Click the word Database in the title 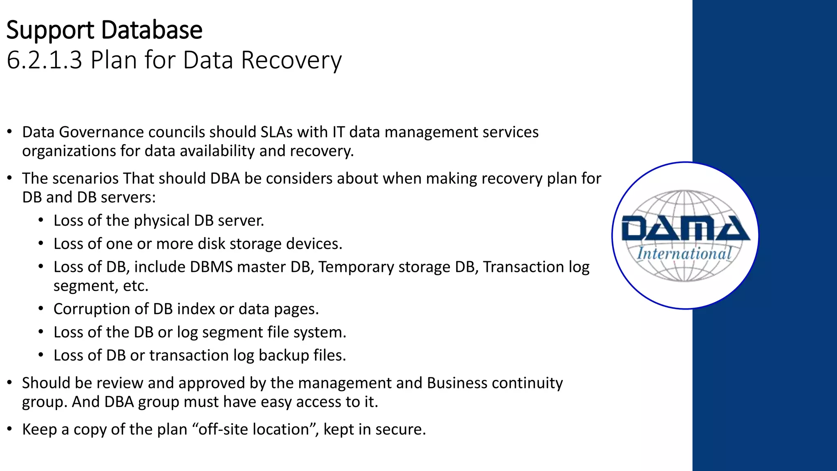152,30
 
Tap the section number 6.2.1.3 45,60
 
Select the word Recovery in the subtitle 291,60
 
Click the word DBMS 211,267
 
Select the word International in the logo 684,253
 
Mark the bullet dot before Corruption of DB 41,309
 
